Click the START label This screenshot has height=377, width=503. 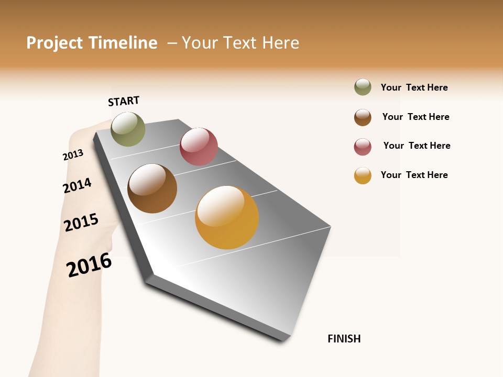(124, 101)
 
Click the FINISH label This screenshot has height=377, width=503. (344, 339)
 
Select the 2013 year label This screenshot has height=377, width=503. (73, 154)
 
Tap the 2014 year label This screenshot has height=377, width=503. (77, 185)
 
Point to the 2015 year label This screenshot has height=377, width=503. (81, 222)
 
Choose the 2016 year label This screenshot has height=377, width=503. (89, 264)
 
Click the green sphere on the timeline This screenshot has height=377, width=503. (128, 129)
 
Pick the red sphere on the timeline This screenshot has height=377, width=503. (199, 147)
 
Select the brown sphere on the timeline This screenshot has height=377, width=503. (152, 188)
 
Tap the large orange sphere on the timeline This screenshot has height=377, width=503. (227, 217)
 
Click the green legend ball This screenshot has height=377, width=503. (363, 87)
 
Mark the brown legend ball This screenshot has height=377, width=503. (363, 117)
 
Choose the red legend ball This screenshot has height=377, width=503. (363, 147)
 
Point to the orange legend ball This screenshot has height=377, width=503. (363, 175)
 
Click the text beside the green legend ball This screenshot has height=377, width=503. (414, 87)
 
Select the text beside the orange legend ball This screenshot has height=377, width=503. (414, 175)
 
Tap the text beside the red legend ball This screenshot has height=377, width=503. (417, 146)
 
